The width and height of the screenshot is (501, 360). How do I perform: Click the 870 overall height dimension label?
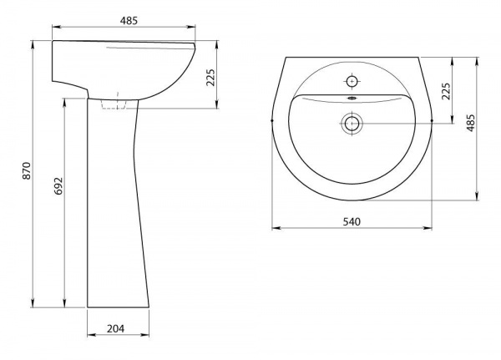(27, 170)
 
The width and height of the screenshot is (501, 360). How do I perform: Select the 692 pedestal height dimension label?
(58, 185)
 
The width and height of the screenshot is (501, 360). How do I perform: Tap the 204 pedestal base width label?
(116, 328)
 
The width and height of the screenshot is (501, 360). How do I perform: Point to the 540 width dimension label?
(352, 221)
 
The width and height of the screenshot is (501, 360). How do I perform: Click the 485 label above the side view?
(129, 20)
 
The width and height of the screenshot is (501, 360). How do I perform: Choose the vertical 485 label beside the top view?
(471, 123)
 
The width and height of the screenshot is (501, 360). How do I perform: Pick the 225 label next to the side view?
(211, 78)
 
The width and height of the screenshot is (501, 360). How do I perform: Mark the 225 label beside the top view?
(446, 91)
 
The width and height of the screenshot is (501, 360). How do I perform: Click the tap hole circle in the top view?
(352, 82)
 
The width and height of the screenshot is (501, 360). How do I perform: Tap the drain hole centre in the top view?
(352, 123)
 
